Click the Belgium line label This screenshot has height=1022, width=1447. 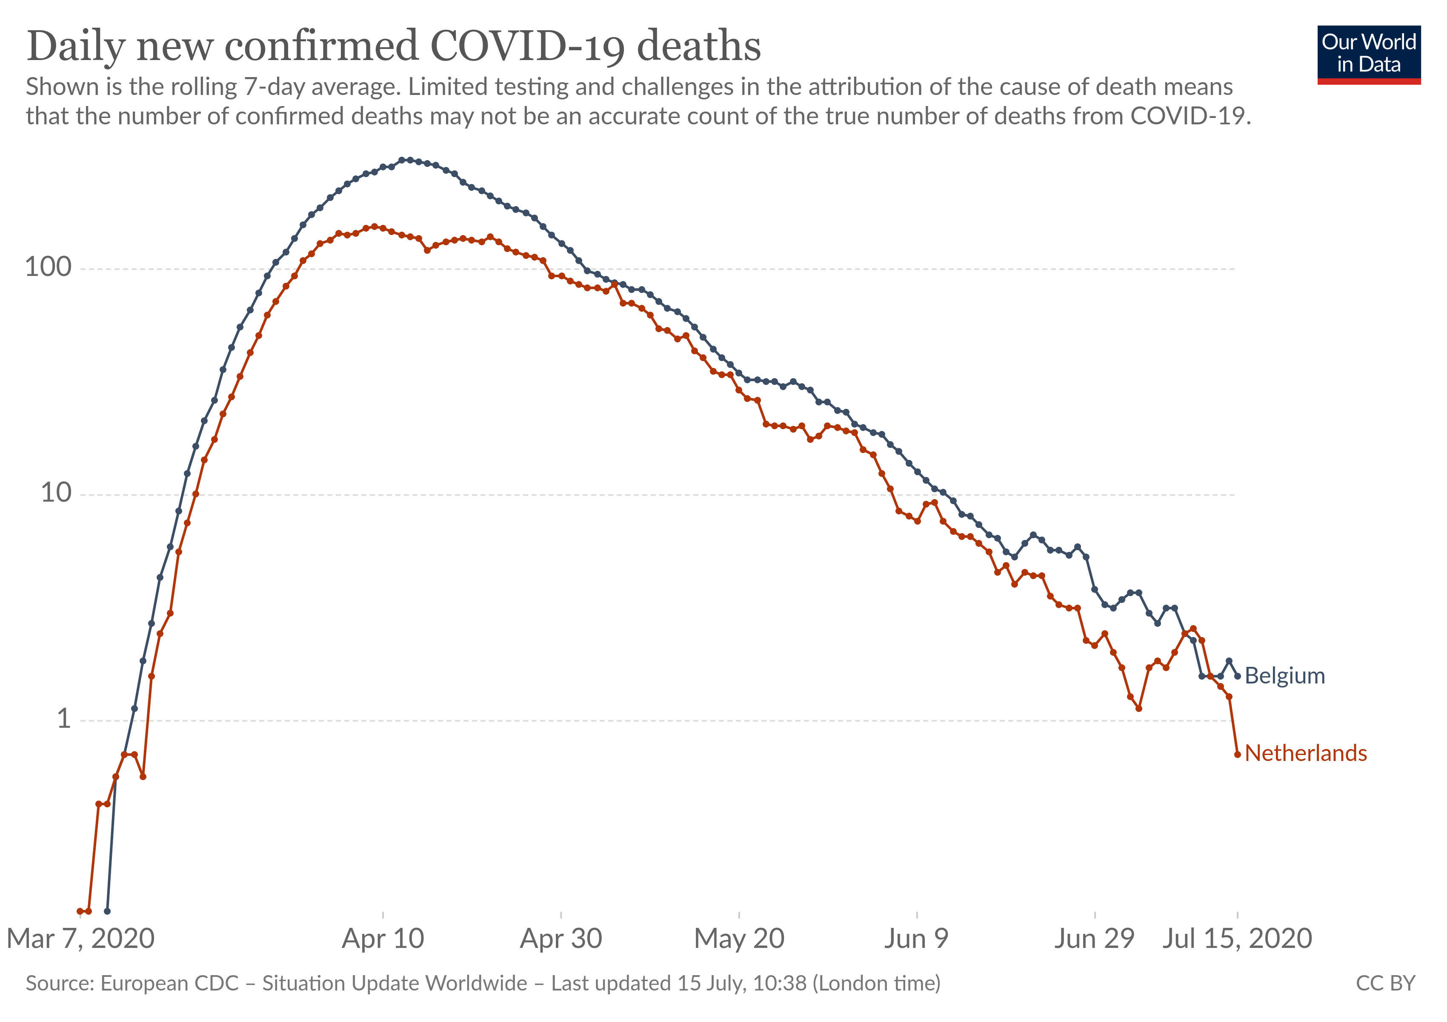coord(1284,676)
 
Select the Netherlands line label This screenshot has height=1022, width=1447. coord(1306,753)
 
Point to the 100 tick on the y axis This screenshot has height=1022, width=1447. coord(48,267)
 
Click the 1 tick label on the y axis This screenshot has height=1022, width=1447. coord(64,719)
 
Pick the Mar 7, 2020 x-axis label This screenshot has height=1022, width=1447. coord(81,939)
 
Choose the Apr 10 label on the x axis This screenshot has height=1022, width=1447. coord(383,939)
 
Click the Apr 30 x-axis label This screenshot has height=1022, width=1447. coord(561,939)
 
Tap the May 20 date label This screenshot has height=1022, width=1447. coord(739,939)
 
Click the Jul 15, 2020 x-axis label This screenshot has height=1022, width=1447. coord(1237,939)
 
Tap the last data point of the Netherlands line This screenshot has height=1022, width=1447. coord(1237,754)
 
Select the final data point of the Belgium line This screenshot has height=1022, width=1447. coord(1237,676)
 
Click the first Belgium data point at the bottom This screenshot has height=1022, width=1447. coord(107,911)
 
